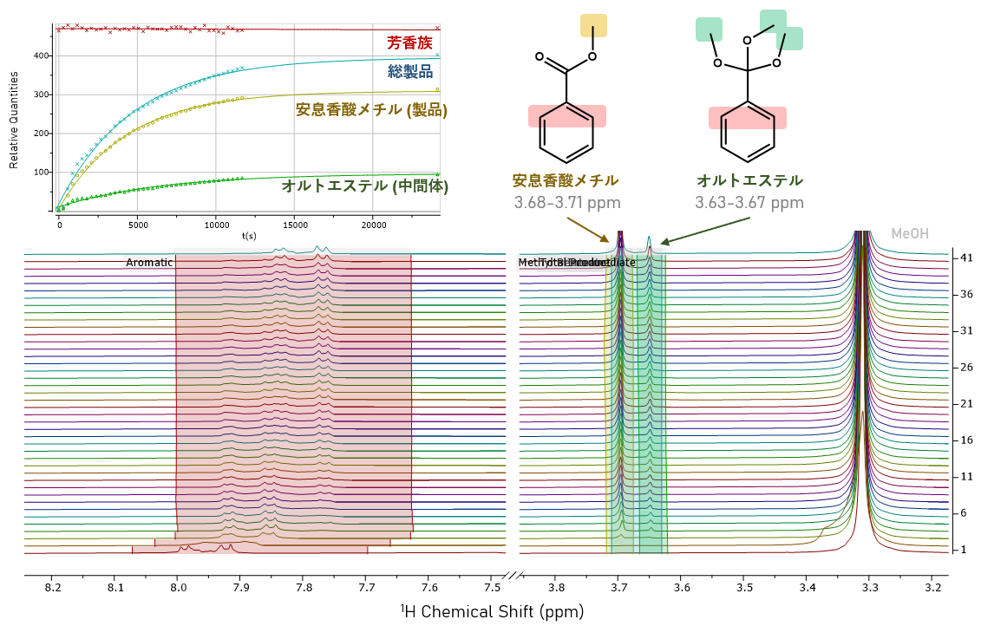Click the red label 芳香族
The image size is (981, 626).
[409, 42]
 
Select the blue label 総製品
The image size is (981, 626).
[409, 72]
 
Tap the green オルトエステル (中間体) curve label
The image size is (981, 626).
[364, 186]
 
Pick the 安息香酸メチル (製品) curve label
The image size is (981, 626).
[371, 110]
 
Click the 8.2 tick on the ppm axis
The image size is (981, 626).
[53, 589]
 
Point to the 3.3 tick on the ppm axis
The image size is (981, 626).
[870, 589]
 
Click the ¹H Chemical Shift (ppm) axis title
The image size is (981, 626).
[492, 611]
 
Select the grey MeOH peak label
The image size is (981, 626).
[909, 234]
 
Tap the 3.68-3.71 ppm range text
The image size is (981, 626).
[566, 203]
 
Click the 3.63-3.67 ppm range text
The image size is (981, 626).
[749, 203]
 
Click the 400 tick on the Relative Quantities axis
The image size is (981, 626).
[42, 55]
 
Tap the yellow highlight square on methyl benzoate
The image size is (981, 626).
[593, 25]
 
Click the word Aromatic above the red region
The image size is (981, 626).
[149, 263]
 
